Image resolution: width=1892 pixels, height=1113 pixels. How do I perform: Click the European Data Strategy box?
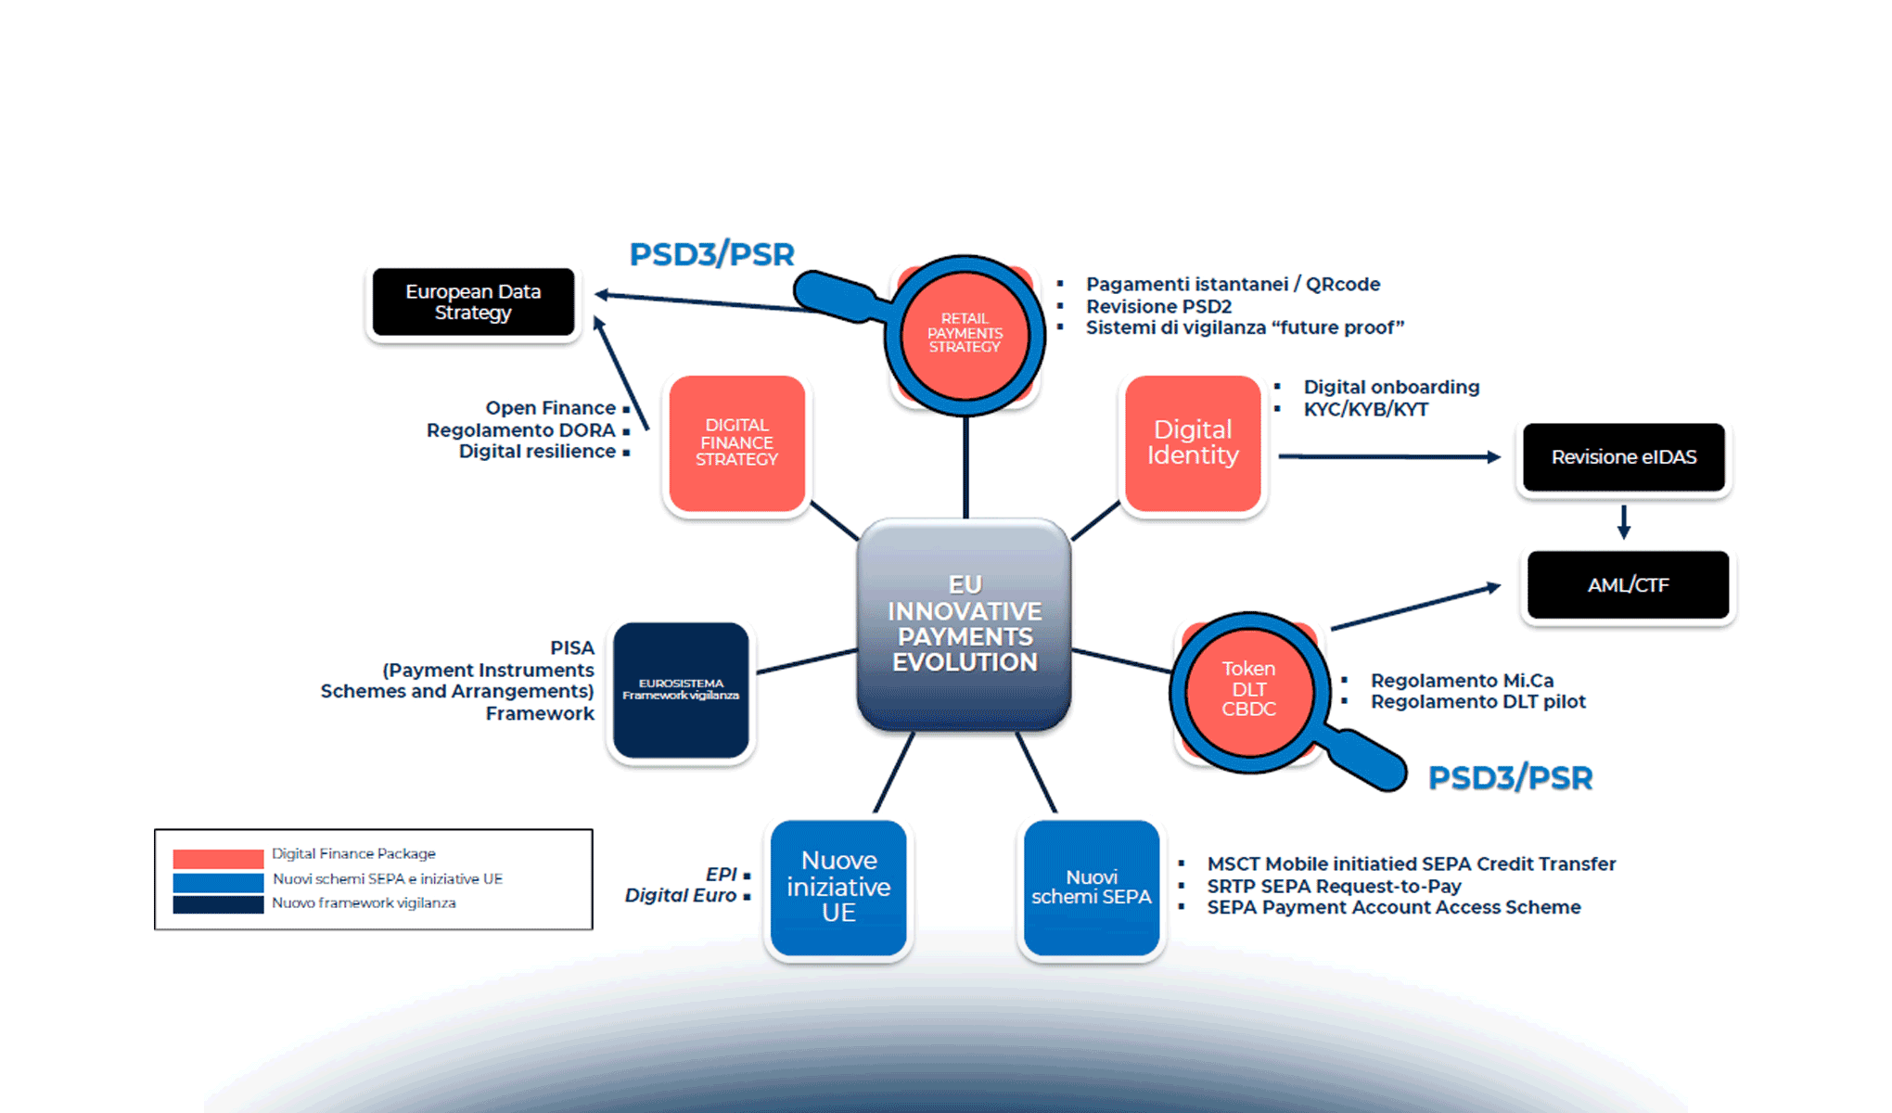(x=473, y=302)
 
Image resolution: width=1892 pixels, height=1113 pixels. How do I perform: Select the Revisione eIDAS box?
(x=1624, y=457)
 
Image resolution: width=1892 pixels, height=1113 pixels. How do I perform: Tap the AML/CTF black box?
(x=1628, y=585)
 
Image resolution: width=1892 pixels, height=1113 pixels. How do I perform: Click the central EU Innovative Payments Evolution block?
(x=965, y=623)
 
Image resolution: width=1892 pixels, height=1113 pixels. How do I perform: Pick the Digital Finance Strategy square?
(x=737, y=442)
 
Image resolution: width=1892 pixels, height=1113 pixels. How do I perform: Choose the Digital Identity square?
(x=1193, y=442)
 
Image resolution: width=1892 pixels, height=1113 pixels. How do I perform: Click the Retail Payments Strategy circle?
(x=965, y=334)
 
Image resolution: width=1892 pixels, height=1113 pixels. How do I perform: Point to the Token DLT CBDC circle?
(x=1248, y=689)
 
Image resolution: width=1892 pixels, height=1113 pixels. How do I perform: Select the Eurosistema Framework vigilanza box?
(x=681, y=689)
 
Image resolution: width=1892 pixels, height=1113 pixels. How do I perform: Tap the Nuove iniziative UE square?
(x=838, y=887)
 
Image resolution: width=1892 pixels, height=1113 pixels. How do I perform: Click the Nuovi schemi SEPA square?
(x=1092, y=887)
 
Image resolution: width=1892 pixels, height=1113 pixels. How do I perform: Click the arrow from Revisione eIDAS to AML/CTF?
(x=1624, y=521)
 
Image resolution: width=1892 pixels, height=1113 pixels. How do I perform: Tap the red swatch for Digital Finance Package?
(x=218, y=858)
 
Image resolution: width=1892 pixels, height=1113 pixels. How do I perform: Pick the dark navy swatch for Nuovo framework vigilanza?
(x=218, y=904)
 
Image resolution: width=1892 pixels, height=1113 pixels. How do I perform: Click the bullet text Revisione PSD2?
(x=1158, y=306)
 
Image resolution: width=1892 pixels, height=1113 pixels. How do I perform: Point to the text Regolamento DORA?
(x=520, y=430)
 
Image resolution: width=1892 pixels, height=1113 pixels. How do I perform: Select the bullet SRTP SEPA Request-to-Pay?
(x=1334, y=886)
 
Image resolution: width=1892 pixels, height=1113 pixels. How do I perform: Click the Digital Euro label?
(x=680, y=895)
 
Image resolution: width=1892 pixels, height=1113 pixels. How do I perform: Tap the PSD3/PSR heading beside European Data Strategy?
(x=711, y=254)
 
